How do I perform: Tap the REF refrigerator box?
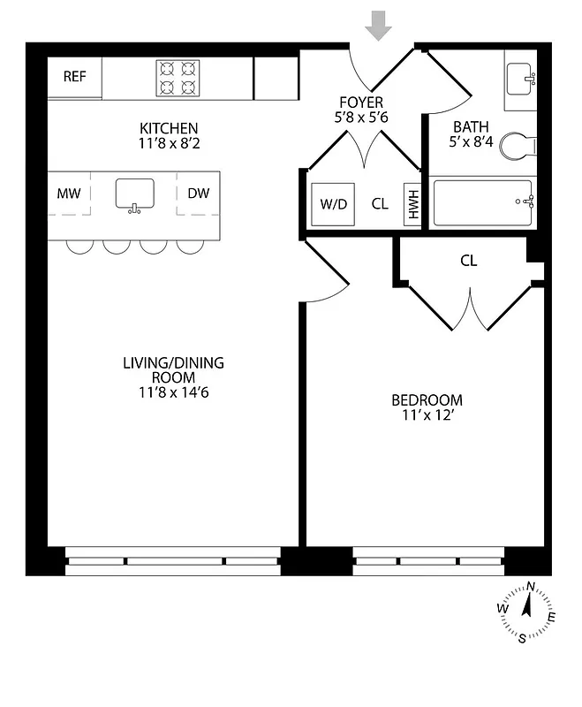point(75,77)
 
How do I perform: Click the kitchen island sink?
point(134,194)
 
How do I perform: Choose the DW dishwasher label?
point(199,193)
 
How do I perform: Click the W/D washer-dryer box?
point(334,204)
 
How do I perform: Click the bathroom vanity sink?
point(521,80)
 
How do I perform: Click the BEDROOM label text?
point(427,400)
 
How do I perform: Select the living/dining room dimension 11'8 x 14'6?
point(173,392)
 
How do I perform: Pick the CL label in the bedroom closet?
point(468,261)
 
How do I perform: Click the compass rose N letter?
point(531,586)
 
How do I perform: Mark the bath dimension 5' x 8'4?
point(469,142)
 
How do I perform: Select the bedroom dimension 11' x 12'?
point(427,415)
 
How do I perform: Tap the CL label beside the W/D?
point(380,204)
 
